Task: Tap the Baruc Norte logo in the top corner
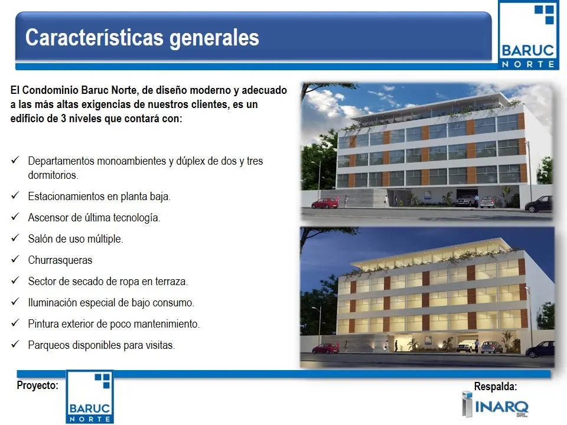click(528, 35)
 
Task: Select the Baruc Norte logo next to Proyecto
click(90, 397)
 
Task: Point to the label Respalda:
click(496, 386)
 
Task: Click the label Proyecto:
click(38, 385)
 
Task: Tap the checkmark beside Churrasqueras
click(15, 259)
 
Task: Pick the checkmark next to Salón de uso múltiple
click(15, 238)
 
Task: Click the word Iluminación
click(52, 302)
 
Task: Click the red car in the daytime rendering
click(325, 204)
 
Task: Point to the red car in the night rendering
click(325, 348)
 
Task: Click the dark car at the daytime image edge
click(539, 204)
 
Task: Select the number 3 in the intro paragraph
click(63, 119)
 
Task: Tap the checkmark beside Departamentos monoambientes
click(15, 160)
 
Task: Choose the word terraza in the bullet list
click(171, 281)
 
